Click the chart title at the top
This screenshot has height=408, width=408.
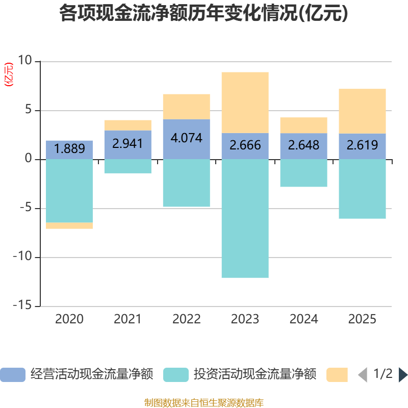204,14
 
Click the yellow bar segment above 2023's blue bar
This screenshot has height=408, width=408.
245,103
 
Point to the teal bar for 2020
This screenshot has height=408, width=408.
69,191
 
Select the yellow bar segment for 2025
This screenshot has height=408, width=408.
362,111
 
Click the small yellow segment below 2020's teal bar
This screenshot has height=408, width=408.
69,226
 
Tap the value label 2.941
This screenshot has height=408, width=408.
128,144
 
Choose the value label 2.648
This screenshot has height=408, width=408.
303,145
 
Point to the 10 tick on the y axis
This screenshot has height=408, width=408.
24,61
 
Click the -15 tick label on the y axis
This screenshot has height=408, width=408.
22,305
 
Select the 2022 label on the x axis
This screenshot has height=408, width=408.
187,319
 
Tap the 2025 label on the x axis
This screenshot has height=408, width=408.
362,319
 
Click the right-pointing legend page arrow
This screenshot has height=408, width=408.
403,374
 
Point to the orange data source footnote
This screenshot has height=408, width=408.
204,402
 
